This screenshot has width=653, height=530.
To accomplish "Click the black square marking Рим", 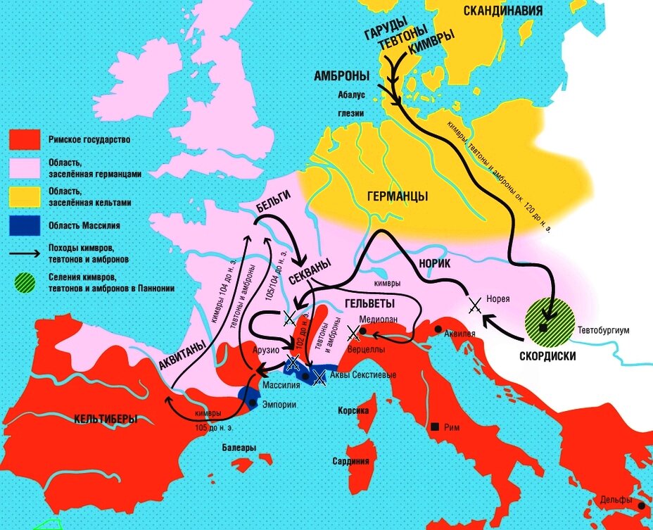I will tap(436, 427).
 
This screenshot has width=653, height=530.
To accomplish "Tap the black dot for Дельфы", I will tap(640, 505).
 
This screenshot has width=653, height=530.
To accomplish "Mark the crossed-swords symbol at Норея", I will tap(476, 305).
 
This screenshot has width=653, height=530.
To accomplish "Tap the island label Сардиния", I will tap(351, 462).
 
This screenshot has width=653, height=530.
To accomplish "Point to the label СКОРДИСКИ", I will tap(549, 356).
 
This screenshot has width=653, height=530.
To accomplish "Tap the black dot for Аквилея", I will tap(438, 329).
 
